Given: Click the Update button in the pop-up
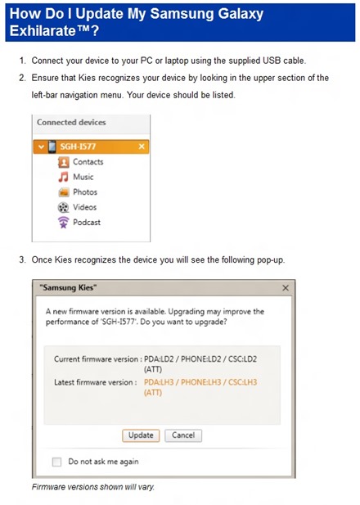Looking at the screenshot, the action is (141, 435).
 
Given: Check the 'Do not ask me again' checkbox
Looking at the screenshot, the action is (56, 462).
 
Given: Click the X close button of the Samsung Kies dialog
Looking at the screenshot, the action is (285, 288).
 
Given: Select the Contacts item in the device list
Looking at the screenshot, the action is (88, 162).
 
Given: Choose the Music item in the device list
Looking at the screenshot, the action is (83, 177).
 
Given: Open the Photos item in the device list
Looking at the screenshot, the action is (84, 192).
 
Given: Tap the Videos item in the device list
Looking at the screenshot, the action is (84, 207).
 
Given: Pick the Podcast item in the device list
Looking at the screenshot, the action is (87, 222).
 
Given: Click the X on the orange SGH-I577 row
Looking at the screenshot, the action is (142, 147).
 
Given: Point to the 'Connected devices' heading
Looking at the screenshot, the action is (71, 122).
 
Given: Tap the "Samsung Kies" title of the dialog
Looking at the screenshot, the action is (68, 288).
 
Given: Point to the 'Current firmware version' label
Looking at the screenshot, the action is (95, 359).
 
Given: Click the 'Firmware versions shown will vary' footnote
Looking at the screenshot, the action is (92, 488).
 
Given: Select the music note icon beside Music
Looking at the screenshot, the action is (63, 177).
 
